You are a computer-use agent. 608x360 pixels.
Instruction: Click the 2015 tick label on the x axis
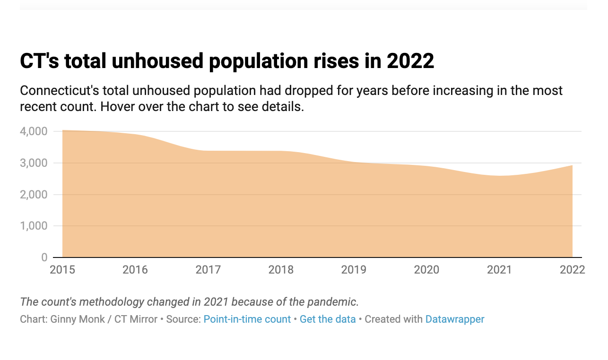click(62, 270)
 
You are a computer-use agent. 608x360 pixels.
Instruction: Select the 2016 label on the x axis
click(135, 270)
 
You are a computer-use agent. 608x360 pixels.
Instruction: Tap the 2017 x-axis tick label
click(208, 270)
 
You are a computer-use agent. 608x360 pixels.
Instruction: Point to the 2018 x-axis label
click(281, 270)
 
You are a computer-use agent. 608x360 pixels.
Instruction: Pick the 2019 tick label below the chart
click(354, 270)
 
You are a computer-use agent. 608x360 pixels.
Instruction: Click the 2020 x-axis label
click(426, 270)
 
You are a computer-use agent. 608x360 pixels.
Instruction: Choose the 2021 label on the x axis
click(499, 270)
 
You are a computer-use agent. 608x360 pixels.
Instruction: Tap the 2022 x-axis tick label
click(572, 270)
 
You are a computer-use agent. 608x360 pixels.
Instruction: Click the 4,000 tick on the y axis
click(34, 131)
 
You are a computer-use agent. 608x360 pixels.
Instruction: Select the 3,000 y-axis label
click(34, 163)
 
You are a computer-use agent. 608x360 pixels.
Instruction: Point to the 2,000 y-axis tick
click(34, 195)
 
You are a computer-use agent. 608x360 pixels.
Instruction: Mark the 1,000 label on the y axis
click(34, 226)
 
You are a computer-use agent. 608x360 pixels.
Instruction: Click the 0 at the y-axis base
click(44, 257)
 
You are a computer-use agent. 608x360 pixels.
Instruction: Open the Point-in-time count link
click(247, 319)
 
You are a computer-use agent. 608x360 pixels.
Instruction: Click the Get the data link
click(328, 319)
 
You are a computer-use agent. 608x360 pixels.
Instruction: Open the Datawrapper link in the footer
click(455, 319)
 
